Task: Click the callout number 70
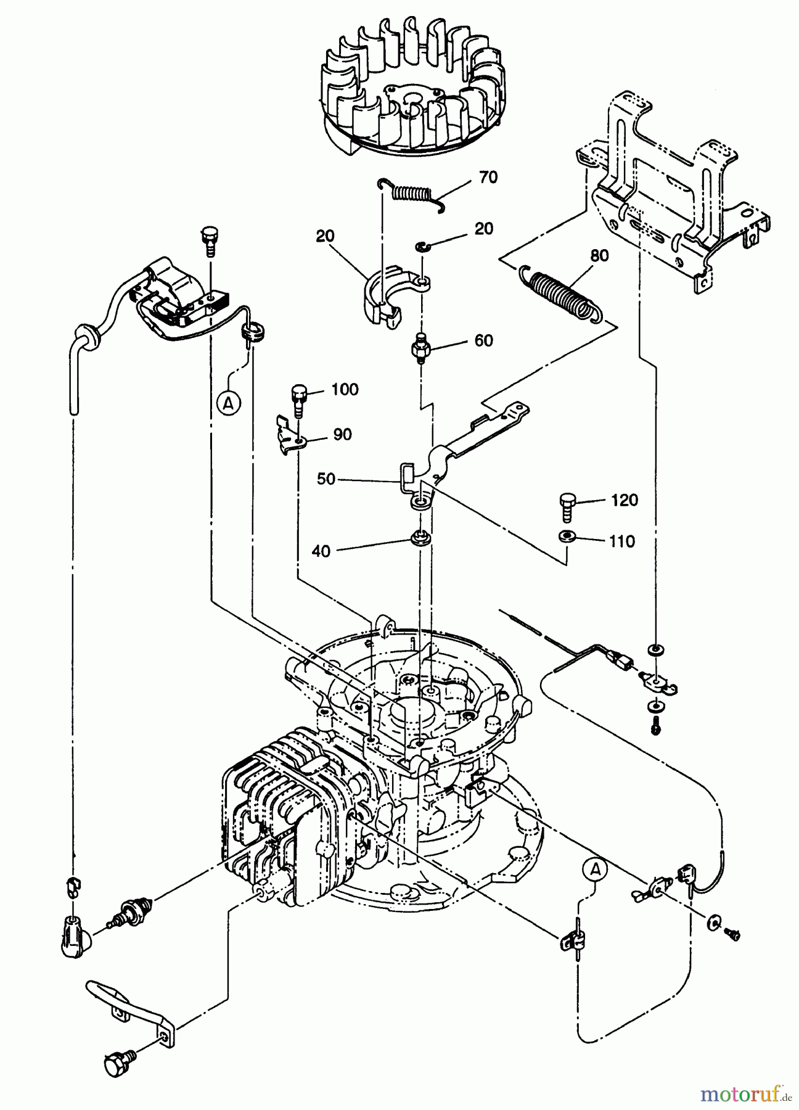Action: [x=488, y=177]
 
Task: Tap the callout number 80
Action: [x=599, y=255]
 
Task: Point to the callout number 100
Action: [x=345, y=389]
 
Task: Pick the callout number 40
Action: [x=321, y=551]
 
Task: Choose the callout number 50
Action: [x=327, y=479]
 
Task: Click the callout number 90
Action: [x=342, y=434]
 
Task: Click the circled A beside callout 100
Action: [x=229, y=403]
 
